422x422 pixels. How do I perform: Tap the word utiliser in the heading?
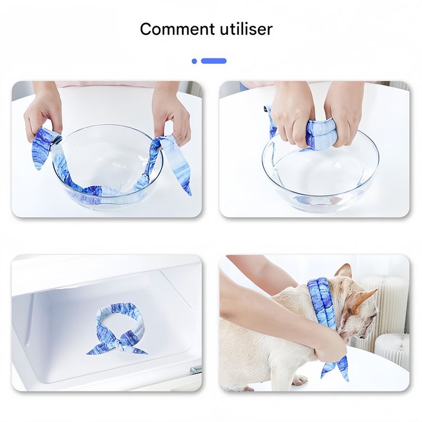click(x=246, y=29)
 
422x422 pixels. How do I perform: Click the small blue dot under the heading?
click(x=194, y=61)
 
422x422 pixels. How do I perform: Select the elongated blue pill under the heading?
click(x=214, y=61)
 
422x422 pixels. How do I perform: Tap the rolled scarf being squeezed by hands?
click(x=322, y=135)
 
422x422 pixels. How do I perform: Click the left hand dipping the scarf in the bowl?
click(x=42, y=113)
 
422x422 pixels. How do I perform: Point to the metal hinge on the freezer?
click(x=196, y=370)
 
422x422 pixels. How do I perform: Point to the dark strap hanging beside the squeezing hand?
click(x=269, y=121)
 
